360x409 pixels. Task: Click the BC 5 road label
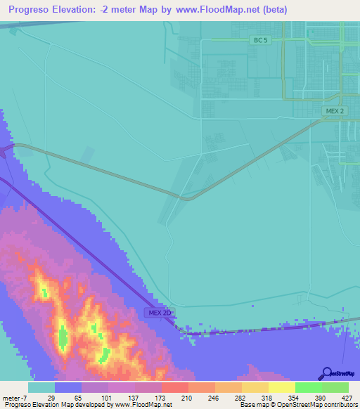tap(259, 41)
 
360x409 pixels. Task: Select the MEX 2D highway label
tap(160, 312)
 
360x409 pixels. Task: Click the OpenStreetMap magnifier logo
tap(327, 374)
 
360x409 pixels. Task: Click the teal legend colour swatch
tap(41, 387)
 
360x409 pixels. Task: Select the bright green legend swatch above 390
tap(309, 387)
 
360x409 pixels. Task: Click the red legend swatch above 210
tap(174, 387)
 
